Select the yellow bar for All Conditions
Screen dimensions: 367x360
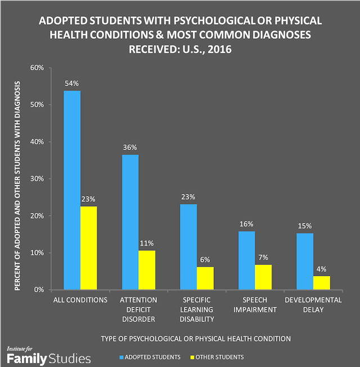pyautogui.click(x=88, y=248)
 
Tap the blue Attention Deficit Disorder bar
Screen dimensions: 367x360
pyautogui.click(x=130, y=222)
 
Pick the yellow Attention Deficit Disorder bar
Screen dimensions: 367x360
pyautogui.click(x=147, y=270)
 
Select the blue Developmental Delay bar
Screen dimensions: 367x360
pyautogui.click(x=304, y=261)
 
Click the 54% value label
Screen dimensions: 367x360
pyautogui.click(x=71, y=84)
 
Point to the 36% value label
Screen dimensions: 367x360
pyautogui.click(x=130, y=147)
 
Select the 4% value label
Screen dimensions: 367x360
pyautogui.click(x=322, y=269)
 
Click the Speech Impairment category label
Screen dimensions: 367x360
pyautogui.click(x=255, y=305)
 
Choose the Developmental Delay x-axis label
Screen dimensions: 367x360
pyautogui.click(x=313, y=305)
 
